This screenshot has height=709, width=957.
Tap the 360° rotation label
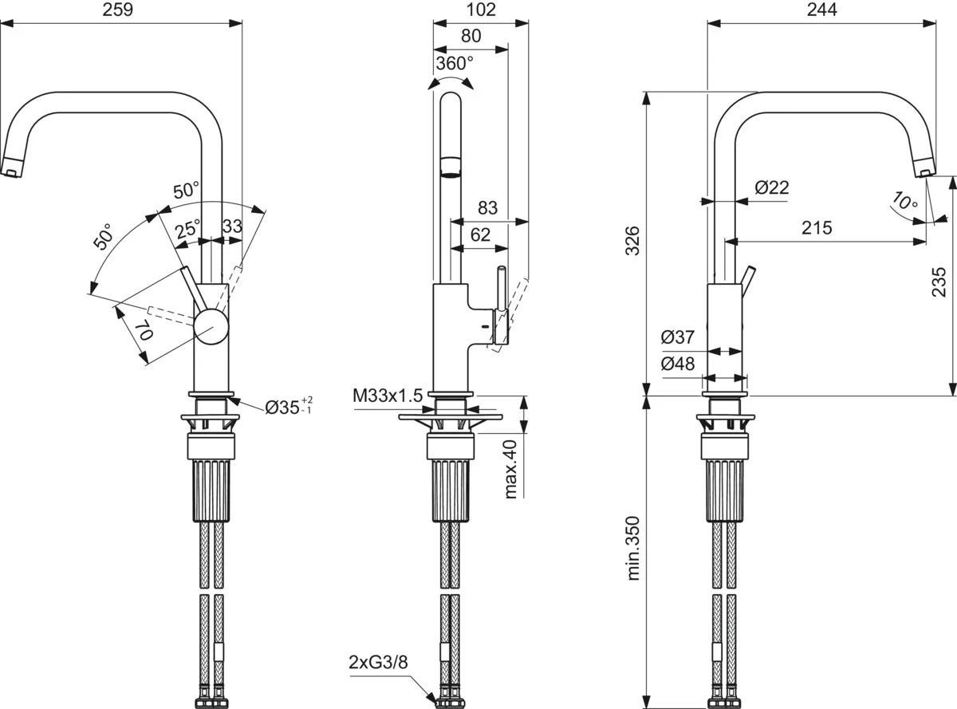(455, 62)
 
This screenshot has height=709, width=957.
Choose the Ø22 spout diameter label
(771, 188)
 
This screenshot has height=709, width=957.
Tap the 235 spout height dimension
(939, 282)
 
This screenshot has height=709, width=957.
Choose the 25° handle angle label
(188, 230)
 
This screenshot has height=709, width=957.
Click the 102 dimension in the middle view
(480, 10)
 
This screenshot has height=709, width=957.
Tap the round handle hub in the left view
(211, 327)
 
